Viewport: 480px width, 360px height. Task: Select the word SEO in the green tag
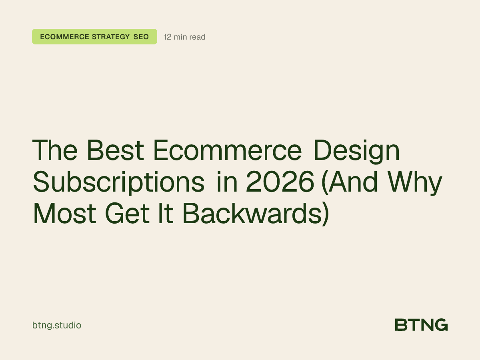click(x=141, y=37)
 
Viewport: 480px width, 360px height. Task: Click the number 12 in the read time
click(x=168, y=37)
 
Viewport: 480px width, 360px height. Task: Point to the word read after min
click(x=197, y=37)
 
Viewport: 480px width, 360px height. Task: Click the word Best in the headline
click(x=115, y=150)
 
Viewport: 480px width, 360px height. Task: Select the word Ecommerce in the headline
click(x=227, y=150)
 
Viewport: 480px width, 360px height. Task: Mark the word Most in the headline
click(x=64, y=214)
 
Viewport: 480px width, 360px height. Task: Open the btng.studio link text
click(x=56, y=325)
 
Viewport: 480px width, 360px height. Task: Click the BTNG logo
click(x=421, y=325)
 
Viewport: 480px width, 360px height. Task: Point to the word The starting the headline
click(x=56, y=150)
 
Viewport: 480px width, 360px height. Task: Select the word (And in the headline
click(x=350, y=183)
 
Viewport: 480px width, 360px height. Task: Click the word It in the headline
click(x=166, y=214)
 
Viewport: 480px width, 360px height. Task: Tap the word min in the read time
click(x=180, y=37)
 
